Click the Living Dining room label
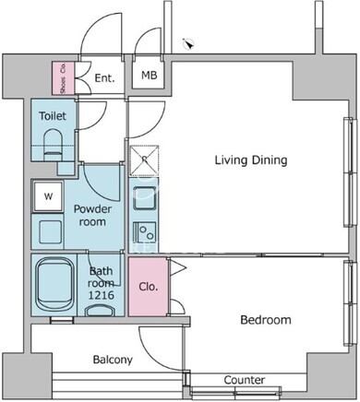[251, 160]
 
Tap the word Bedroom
[266, 320]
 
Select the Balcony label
[113, 360]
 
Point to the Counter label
[245, 380]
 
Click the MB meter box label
[150, 75]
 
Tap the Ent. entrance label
[104, 78]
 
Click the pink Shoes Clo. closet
[63, 78]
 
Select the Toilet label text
[53, 116]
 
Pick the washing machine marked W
[48, 196]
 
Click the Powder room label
[92, 215]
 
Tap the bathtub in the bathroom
[54, 285]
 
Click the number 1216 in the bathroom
[102, 295]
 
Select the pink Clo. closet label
[149, 287]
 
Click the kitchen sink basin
[144, 197]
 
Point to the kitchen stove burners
[145, 232]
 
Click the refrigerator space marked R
[144, 160]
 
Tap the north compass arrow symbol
[188, 44]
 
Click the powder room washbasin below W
[50, 231]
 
